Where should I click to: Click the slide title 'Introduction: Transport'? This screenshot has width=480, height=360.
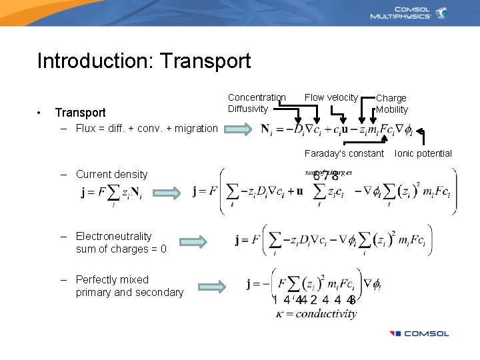tap(144, 61)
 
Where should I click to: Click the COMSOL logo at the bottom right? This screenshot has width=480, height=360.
tap(419, 333)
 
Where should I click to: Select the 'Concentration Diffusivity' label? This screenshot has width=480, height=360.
tap(257, 103)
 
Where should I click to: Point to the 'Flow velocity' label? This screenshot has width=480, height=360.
tap(331, 98)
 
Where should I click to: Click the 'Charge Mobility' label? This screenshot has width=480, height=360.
tap(391, 104)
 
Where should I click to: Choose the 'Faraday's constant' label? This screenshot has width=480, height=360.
tap(344, 154)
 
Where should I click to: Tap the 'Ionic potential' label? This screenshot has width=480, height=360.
tap(423, 154)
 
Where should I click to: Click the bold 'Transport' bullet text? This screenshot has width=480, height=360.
tap(80, 113)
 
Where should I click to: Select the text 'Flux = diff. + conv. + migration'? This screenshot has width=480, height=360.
tap(146, 129)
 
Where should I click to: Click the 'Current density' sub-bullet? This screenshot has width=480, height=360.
tap(111, 175)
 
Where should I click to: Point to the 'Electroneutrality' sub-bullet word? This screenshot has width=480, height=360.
tap(113, 236)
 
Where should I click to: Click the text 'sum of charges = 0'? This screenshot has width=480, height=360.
tap(121, 249)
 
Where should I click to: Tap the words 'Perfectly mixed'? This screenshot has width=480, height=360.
tap(112, 279)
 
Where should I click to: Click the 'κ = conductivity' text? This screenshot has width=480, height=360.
tap(316, 313)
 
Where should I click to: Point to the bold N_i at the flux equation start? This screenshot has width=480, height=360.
tap(266, 129)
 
